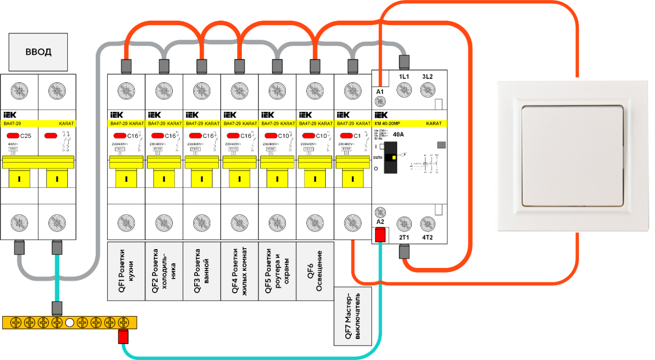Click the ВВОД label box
[x=38, y=51]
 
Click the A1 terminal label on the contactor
[x=380, y=92]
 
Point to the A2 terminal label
[x=380, y=222]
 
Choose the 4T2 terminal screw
[x=427, y=225]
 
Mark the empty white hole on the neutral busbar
[x=70, y=323]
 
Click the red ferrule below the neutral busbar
[x=123, y=337]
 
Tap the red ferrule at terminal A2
[x=380, y=235]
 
